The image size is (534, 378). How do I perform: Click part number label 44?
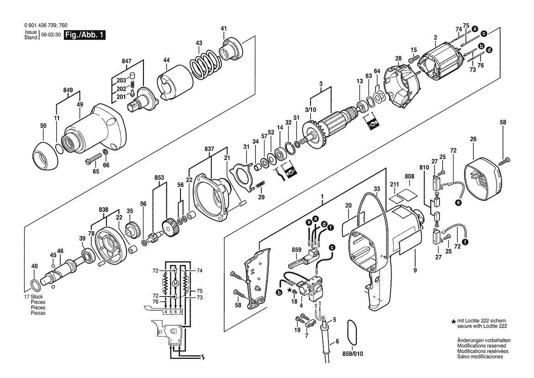[166, 60]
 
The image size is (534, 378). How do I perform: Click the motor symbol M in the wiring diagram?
[176, 284]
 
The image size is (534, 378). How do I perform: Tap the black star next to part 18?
[290, 290]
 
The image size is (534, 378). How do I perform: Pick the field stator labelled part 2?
[441, 65]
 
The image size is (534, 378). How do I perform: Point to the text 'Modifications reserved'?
[481, 346]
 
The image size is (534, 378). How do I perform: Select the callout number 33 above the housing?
[377, 189]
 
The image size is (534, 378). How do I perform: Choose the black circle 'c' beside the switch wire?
[331, 247]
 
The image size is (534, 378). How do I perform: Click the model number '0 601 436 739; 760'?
[46, 25]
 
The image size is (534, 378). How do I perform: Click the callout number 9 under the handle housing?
[415, 270]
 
